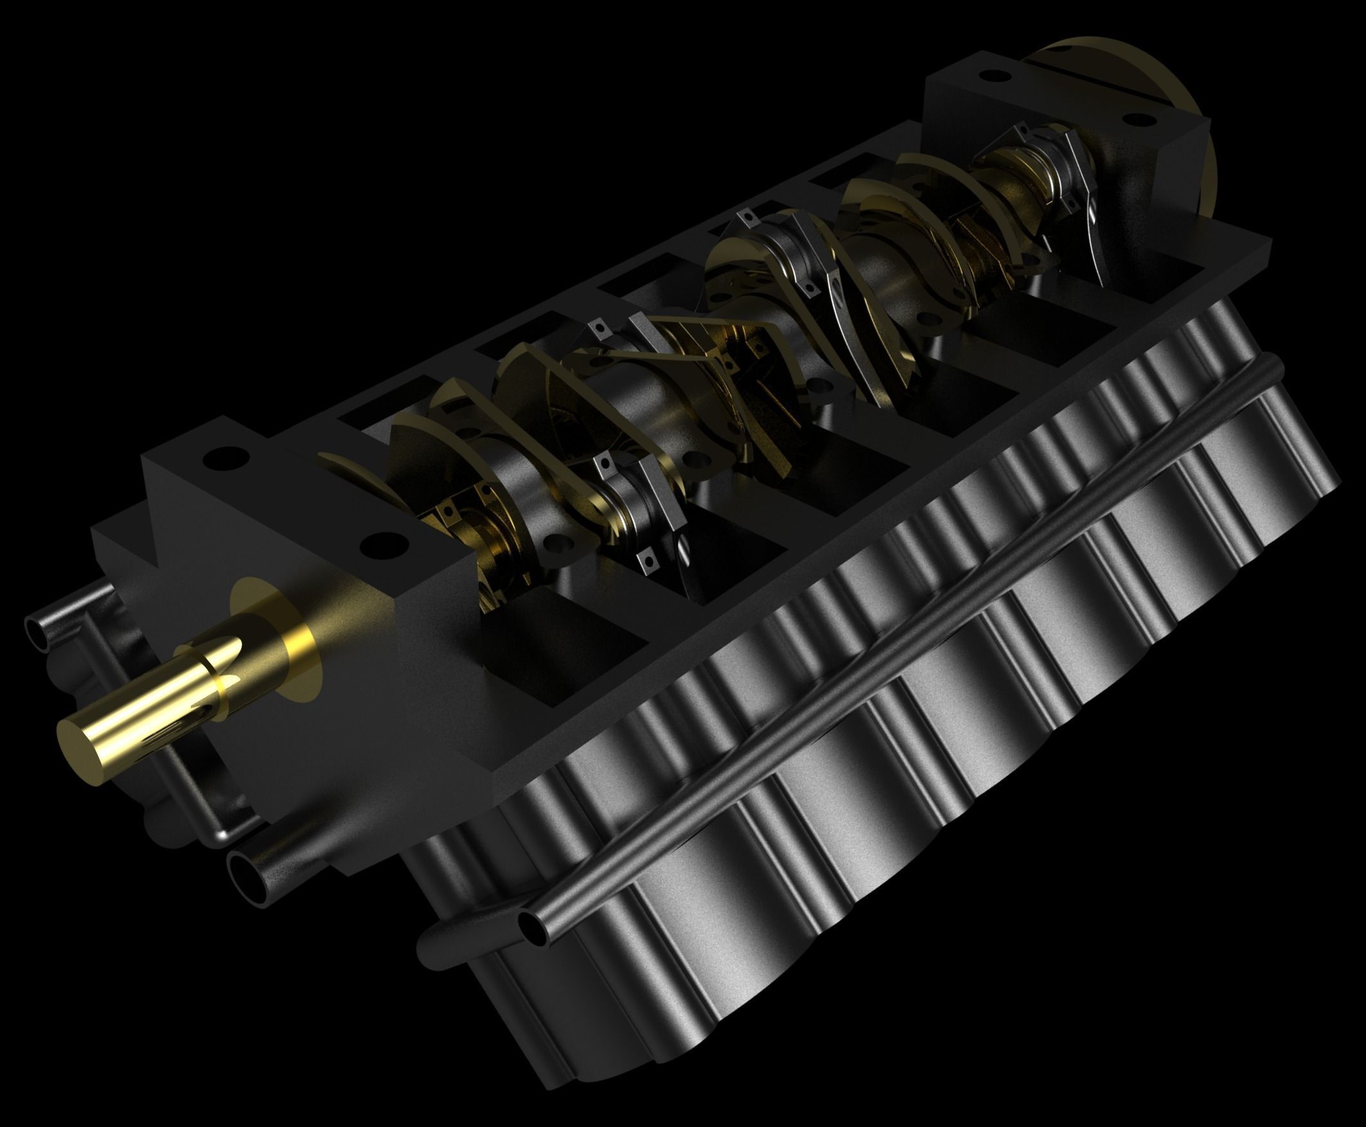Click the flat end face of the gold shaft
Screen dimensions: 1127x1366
pos(89,743)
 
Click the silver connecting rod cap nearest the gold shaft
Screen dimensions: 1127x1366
pos(633,493)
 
